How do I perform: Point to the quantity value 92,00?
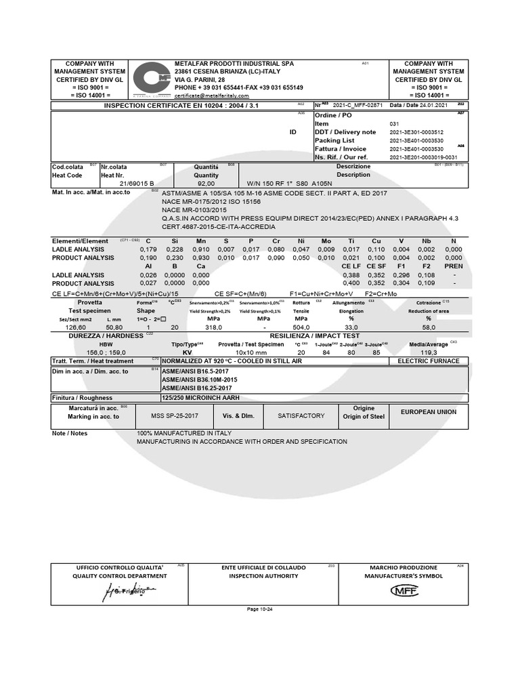205,183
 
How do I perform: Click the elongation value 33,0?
351,325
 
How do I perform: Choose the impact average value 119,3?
429,352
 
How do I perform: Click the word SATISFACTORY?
301,415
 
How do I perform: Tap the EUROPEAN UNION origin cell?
428,412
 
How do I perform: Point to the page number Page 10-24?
260,609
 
